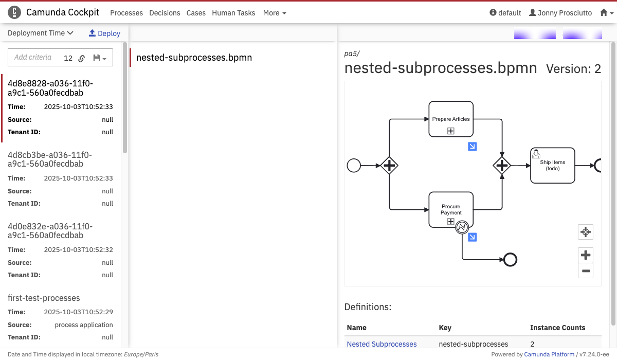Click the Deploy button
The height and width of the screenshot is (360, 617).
[104, 33]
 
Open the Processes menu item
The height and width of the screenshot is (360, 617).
[126, 13]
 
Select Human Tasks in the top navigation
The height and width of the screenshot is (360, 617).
[233, 13]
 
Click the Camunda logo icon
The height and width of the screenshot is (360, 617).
[14, 12]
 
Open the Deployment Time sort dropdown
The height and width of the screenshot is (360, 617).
[41, 33]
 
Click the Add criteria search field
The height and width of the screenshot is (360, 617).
[33, 57]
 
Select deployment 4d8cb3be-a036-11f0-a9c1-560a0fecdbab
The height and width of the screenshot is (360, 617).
[50, 159]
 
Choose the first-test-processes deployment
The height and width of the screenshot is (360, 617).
[44, 298]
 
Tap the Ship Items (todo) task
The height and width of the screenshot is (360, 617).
[553, 165]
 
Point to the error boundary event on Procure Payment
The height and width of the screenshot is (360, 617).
[462, 227]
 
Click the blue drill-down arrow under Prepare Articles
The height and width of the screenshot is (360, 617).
[472, 147]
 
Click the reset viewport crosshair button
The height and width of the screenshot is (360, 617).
[585, 232]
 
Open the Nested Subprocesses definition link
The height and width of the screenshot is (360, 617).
[382, 344]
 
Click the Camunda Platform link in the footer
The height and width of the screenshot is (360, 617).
[549, 354]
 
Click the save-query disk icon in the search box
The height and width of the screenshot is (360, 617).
[97, 58]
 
